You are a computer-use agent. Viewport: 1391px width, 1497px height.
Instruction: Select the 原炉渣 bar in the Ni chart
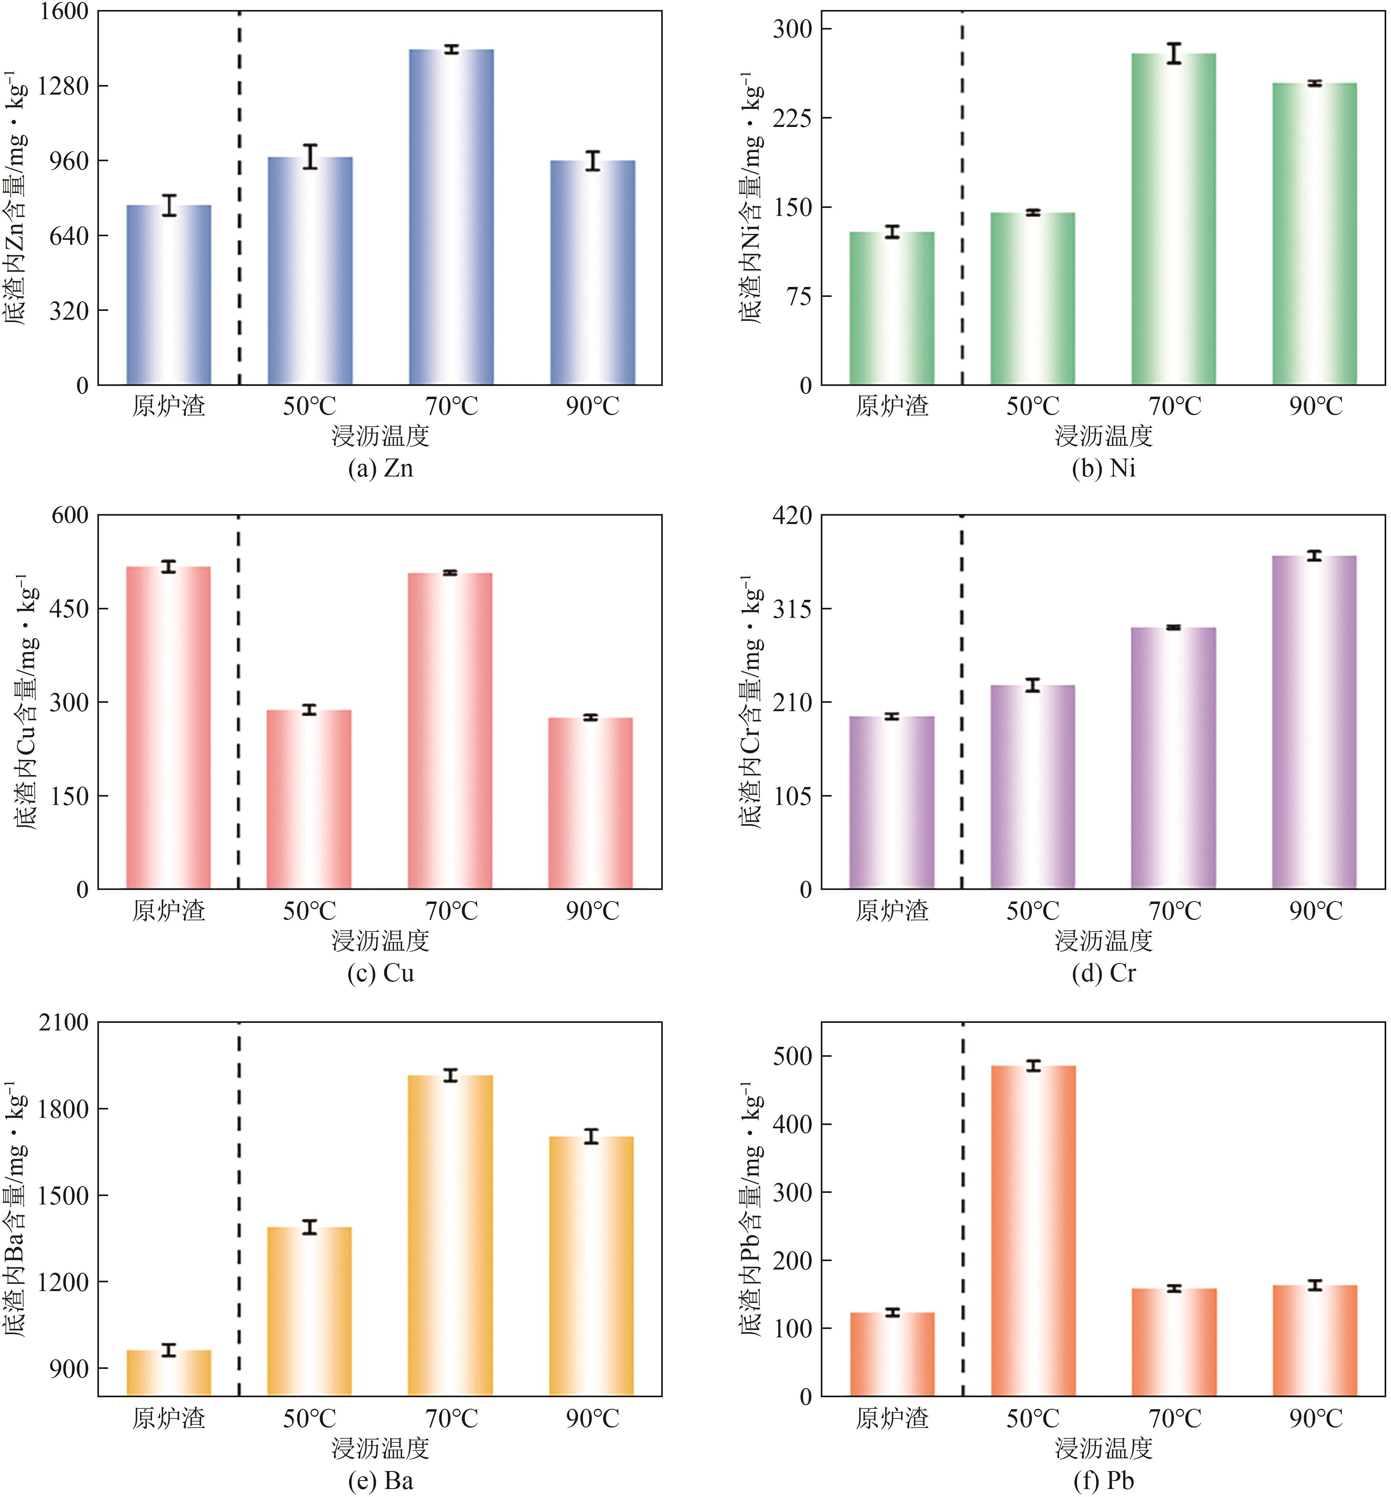point(892,308)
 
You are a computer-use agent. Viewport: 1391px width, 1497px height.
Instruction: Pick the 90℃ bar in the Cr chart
point(1314,722)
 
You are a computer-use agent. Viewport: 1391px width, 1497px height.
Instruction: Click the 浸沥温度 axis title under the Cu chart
point(380,941)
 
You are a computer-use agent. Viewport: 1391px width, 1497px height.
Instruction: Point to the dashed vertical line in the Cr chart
point(962,700)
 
